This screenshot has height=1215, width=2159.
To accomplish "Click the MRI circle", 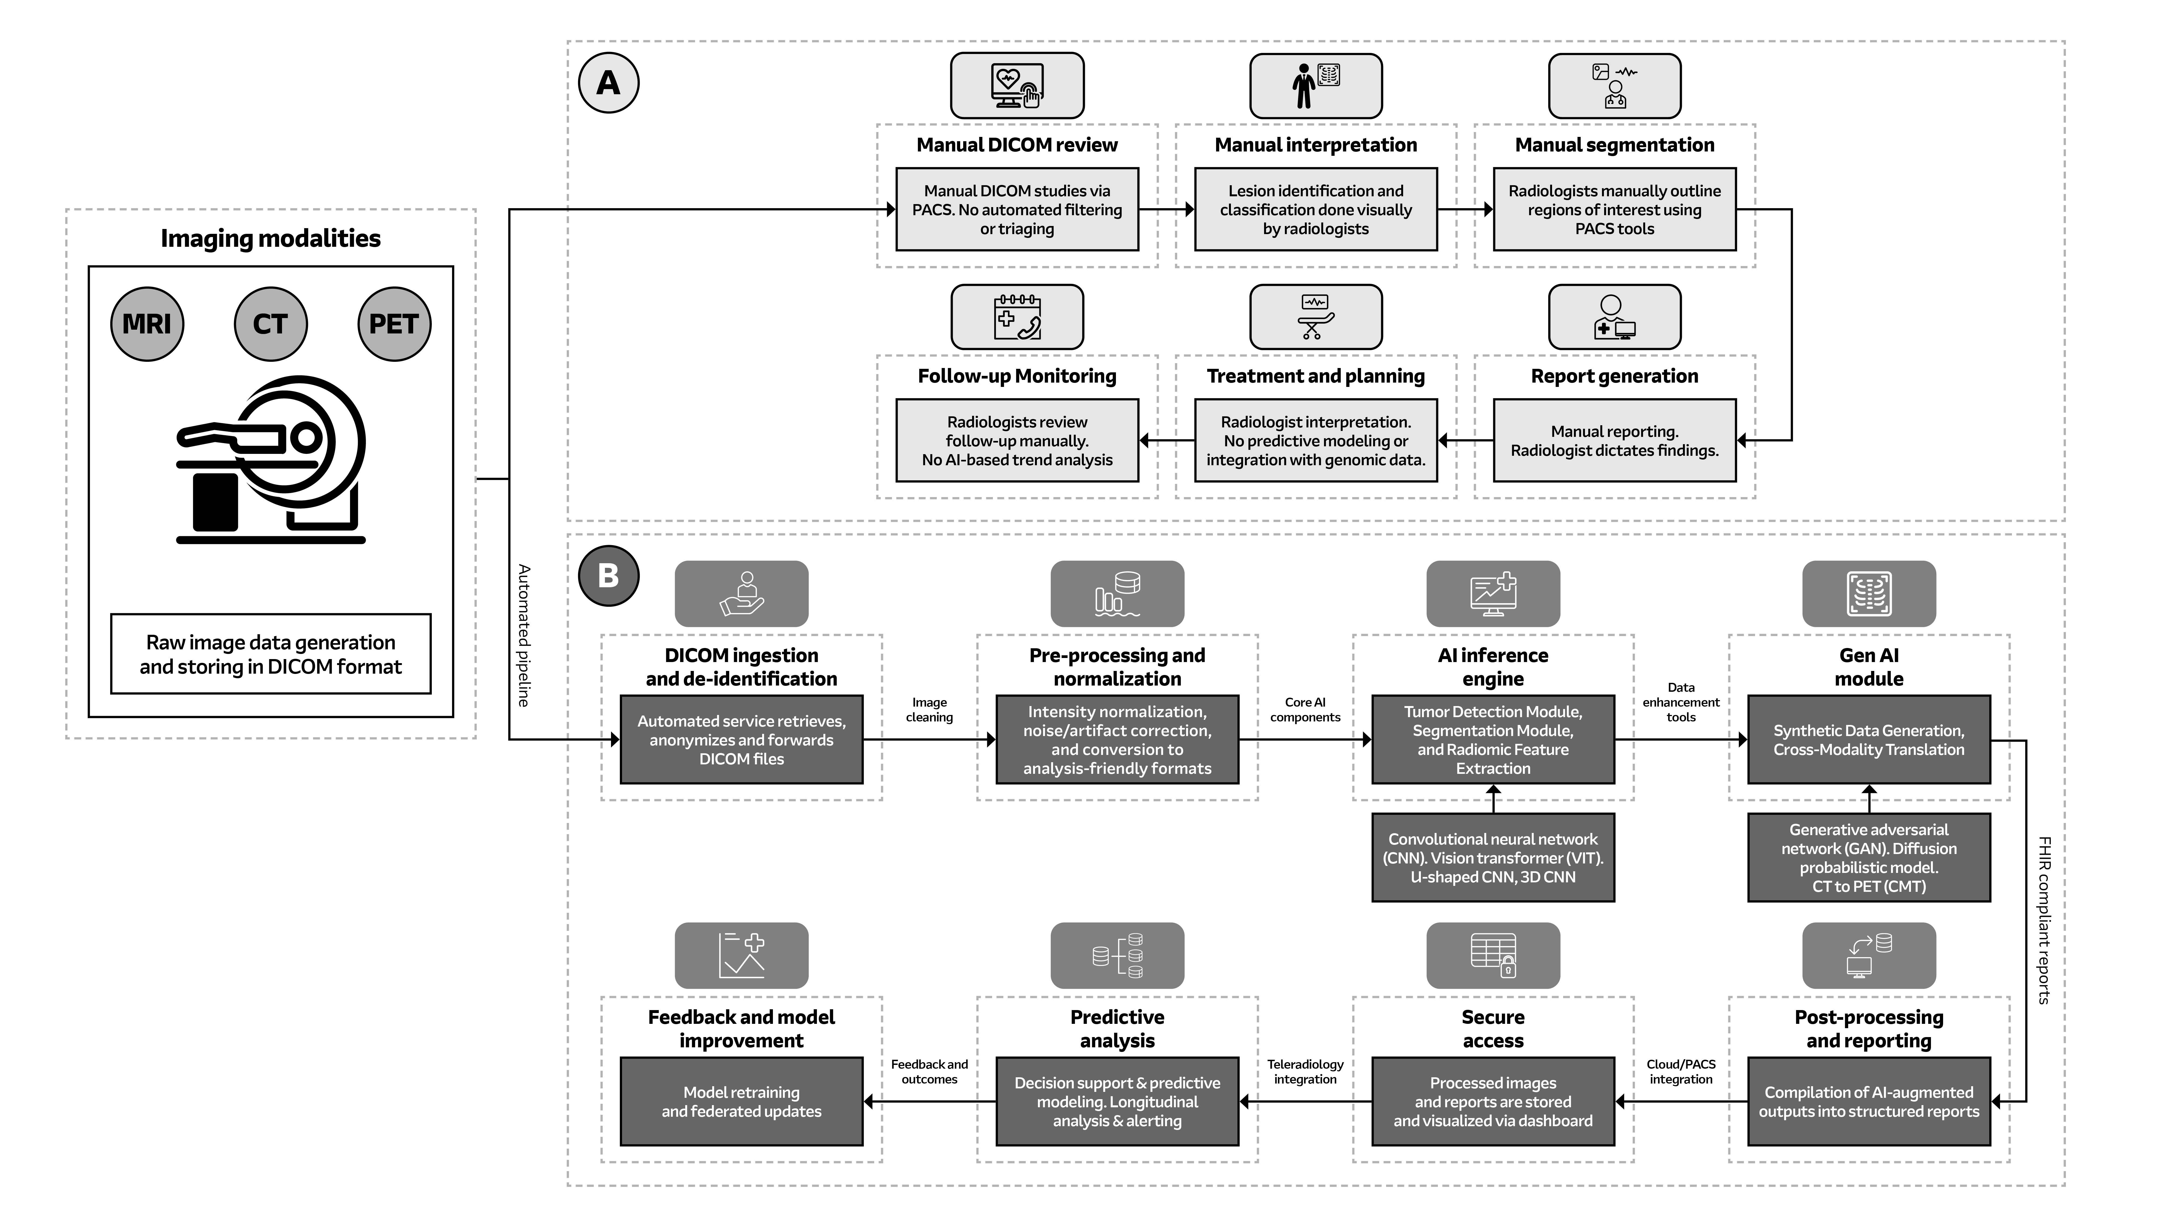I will (x=147, y=324).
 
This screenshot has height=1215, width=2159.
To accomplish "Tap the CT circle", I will (x=270, y=324).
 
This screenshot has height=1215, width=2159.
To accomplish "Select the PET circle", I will (x=394, y=324).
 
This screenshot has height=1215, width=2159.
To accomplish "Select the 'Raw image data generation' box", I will (x=271, y=654).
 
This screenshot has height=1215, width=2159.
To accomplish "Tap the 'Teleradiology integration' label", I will (x=1305, y=1072).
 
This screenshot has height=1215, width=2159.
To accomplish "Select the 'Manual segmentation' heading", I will (x=1614, y=145).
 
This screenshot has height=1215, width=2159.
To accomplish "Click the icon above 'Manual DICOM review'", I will (x=1017, y=86).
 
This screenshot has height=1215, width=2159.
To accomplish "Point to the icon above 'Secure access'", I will (x=1493, y=955).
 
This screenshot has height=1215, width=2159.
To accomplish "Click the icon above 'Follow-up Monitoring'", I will (x=1017, y=317).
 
